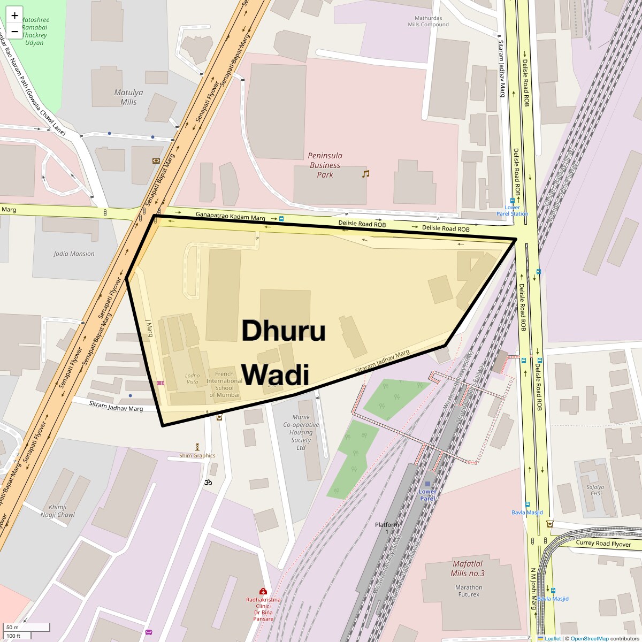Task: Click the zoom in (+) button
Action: pyautogui.click(x=14, y=16)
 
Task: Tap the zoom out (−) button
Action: pyautogui.click(x=14, y=32)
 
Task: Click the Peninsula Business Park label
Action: pyautogui.click(x=325, y=165)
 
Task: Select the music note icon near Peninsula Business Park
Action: pyautogui.click(x=366, y=174)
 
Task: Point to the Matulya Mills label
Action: pyautogui.click(x=128, y=97)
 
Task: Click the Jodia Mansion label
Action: pyautogui.click(x=74, y=254)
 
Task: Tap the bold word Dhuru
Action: pyautogui.click(x=284, y=330)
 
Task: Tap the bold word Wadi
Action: pyautogui.click(x=276, y=374)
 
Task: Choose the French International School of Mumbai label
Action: pyautogui.click(x=224, y=384)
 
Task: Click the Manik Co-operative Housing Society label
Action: pyautogui.click(x=301, y=432)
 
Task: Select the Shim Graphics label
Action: pyautogui.click(x=197, y=456)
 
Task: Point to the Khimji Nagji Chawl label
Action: pyautogui.click(x=58, y=511)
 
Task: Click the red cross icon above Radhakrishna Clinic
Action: pyautogui.click(x=263, y=591)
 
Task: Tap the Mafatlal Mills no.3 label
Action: pyautogui.click(x=468, y=568)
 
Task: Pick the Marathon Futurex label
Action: pyautogui.click(x=469, y=591)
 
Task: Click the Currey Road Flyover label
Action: pyautogui.click(x=603, y=544)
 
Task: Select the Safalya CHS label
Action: pyautogui.click(x=595, y=490)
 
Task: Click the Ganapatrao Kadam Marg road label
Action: pyautogui.click(x=230, y=216)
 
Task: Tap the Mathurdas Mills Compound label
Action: pyautogui.click(x=428, y=21)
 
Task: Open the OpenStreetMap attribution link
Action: pyautogui.click(x=589, y=638)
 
